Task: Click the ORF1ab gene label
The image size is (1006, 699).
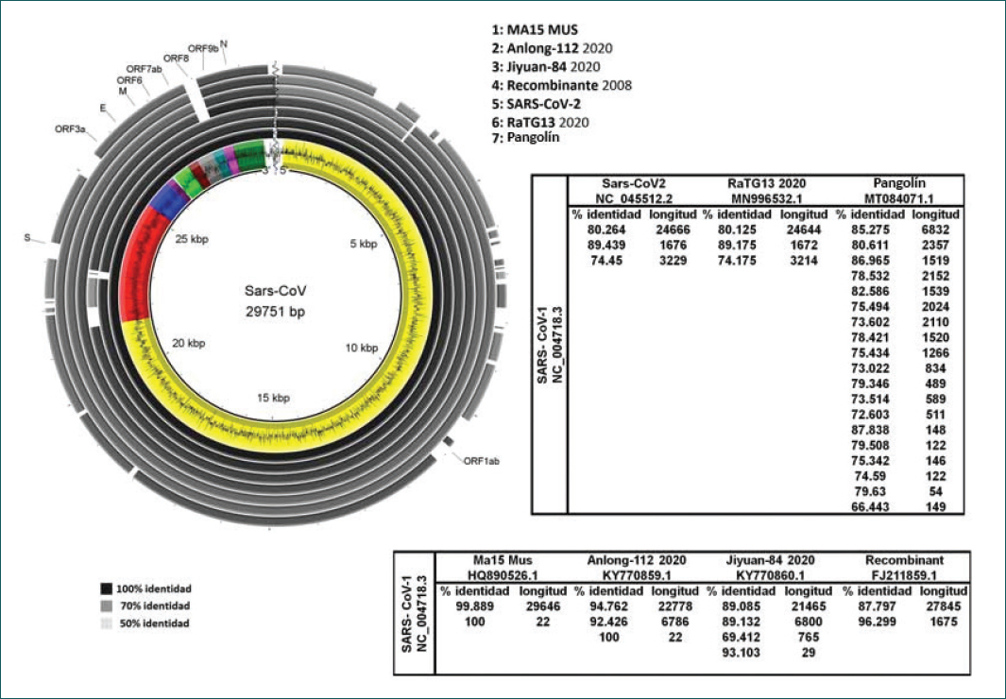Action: (x=481, y=460)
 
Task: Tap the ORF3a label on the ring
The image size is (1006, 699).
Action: (x=70, y=128)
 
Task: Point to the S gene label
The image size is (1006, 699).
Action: (x=27, y=237)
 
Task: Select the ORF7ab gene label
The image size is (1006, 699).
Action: (x=144, y=69)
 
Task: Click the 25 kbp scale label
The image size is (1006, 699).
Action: (x=192, y=239)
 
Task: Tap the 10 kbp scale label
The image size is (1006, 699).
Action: (x=362, y=348)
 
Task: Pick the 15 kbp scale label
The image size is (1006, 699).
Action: (x=273, y=398)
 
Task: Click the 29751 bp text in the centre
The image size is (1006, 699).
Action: (x=275, y=312)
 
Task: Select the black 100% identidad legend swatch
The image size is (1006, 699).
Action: (x=107, y=588)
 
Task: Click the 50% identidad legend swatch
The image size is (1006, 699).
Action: (x=107, y=623)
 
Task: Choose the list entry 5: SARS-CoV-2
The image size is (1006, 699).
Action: (x=537, y=104)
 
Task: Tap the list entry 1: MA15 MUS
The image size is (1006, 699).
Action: (x=535, y=29)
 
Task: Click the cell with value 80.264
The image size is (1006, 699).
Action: (x=606, y=230)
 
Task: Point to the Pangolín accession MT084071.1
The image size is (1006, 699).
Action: (x=900, y=198)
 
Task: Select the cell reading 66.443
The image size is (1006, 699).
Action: (x=871, y=506)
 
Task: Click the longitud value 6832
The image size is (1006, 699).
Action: (x=935, y=230)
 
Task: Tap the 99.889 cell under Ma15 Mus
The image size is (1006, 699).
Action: (x=475, y=606)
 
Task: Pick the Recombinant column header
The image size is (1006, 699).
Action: (x=905, y=560)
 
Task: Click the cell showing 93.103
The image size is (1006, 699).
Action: (x=741, y=652)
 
